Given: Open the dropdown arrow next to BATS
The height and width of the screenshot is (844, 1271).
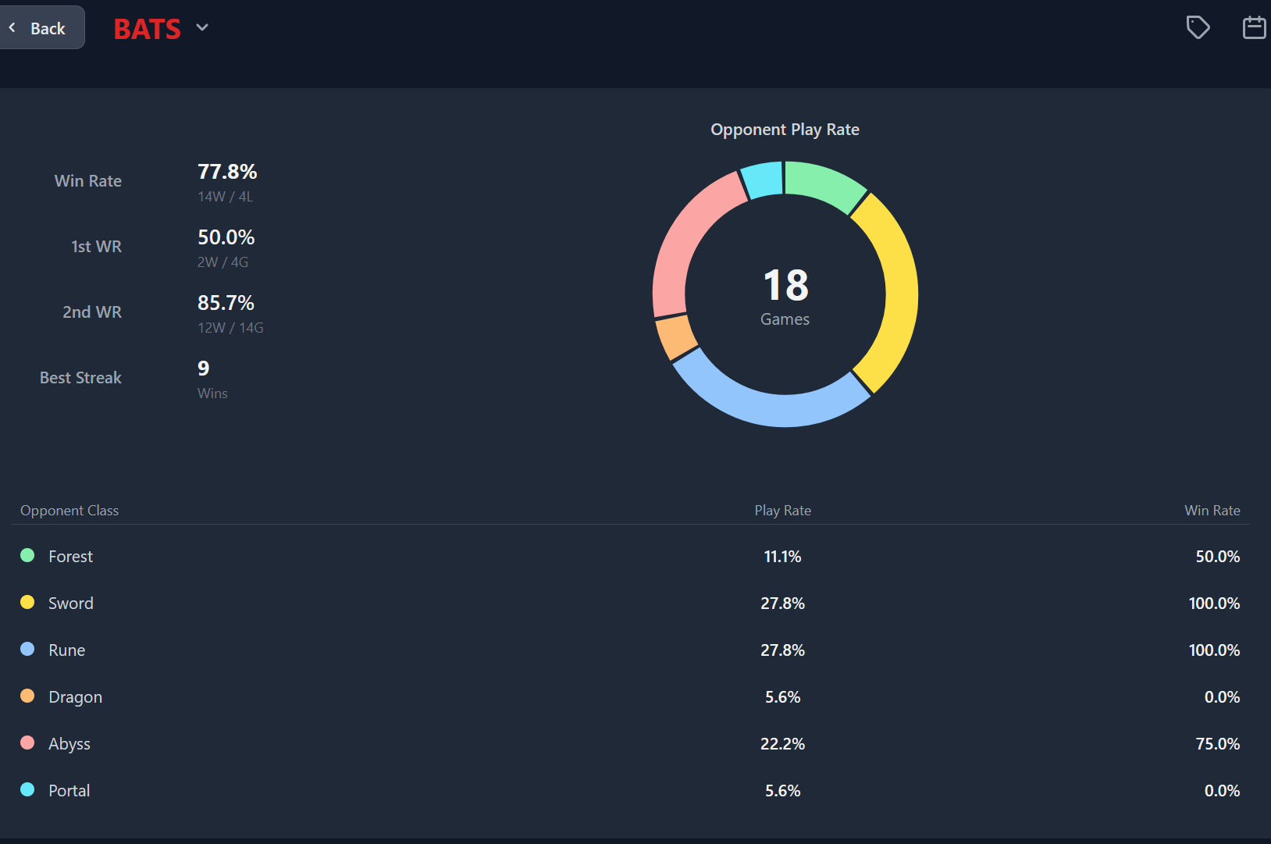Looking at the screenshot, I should pos(202,27).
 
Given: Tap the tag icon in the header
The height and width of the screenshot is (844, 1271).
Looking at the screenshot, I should pos(1198,27).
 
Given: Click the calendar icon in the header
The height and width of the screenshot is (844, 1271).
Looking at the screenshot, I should pos(1254,27).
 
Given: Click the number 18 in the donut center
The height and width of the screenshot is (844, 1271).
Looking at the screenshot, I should pos(785,285).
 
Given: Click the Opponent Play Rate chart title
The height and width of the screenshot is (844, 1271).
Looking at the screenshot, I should pos(785,130).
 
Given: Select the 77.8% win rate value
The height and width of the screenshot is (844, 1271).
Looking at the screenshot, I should pos(227,172).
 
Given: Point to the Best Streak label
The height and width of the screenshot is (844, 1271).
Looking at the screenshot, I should pos(80,378).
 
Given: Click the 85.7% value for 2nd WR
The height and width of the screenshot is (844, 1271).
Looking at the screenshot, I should pos(226,303).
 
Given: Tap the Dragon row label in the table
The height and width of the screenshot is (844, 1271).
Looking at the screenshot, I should pos(75,697).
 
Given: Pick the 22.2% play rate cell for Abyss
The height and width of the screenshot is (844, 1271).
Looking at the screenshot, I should pos(782,744).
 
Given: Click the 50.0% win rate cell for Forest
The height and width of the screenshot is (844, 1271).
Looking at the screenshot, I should pos(1217,557).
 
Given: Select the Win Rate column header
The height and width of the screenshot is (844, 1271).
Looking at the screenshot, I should pos(1212,511).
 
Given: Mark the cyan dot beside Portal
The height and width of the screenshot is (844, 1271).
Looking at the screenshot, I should pos(27,789).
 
